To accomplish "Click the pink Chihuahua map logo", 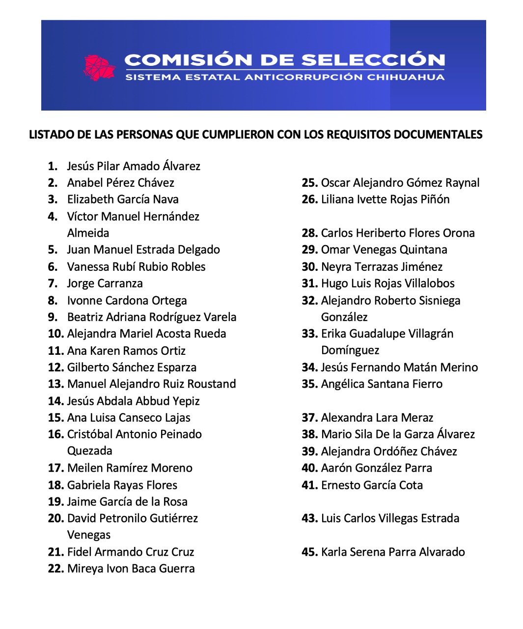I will (x=99, y=67).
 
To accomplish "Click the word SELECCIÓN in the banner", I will (x=373, y=60).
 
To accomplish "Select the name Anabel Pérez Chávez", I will (x=120, y=183).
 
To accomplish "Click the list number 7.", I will (x=53, y=284).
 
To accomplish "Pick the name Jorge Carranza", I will (x=105, y=284).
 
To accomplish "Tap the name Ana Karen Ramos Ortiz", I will (x=126, y=351).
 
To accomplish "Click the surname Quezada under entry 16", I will (x=89, y=451).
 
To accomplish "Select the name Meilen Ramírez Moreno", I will (x=130, y=468).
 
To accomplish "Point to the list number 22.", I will (x=56, y=569).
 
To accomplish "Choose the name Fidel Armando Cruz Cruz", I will (x=131, y=552).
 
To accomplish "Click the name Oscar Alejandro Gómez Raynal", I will (x=400, y=183).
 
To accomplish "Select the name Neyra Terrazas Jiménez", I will (x=382, y=267).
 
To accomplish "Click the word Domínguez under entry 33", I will (x=350, y=350).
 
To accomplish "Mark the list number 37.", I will (x=309, y=418).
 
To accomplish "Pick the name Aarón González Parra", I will (x=376, y=468).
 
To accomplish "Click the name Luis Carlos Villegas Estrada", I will (x=390, y=518).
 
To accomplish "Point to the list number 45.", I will (x=309, y=552).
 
